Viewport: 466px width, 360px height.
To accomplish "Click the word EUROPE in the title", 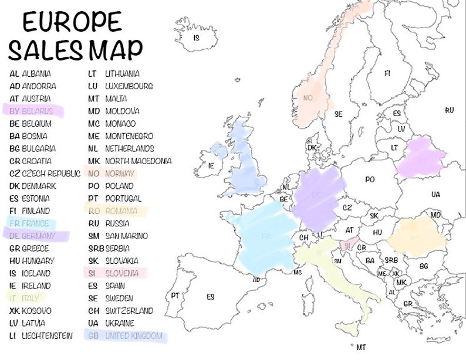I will pyautogui.click(x=72, y=22).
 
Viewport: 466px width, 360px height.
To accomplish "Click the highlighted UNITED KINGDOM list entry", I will pyautogui.click(x=124, y=336).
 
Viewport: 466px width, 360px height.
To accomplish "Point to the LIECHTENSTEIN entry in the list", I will pyautogui.click(x=40, y=336).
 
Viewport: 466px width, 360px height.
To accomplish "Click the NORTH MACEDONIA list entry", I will pyautogui.click(x=130, y=161).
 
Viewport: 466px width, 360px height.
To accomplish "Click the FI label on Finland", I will pyautogui.click(x=387, y=74).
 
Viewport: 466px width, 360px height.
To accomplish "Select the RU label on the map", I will pyautogui.click(x=450, y=110).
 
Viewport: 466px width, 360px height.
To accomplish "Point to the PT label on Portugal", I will pyautogui.click(x=175, y=296).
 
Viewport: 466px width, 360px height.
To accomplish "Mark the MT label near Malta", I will pyautogui.click(x=361, y=347).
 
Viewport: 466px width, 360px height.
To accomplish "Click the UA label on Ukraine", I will pyautogui.click(x=435, y=194).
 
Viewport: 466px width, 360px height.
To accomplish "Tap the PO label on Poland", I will pyautogui.click(x=370, y=179).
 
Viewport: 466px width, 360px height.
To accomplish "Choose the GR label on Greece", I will pyautogui.click(x=407, y=304).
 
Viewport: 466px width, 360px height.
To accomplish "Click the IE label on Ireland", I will pyautogui.click(x=211, y=166).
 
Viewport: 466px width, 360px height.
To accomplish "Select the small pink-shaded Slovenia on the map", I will pyautogui.click(x=349, y=246).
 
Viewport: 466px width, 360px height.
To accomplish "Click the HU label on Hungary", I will pyautogui.click(x=377, y=233).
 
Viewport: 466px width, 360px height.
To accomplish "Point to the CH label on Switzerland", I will pyautogui.click(x=303, y=237).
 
